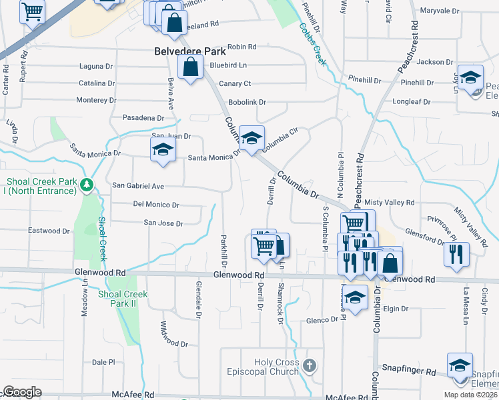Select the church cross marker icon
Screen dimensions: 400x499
[308, 365]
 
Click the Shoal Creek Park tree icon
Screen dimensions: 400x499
[86, 185]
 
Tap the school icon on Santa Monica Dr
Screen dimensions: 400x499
[162, 150]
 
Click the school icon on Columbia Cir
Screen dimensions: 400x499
[252, 139]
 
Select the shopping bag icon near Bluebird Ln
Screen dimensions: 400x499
[191, 67]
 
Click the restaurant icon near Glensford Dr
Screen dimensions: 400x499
[456, 254]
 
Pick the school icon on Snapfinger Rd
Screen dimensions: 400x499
[460, 366]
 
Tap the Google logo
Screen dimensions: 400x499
[21, 392]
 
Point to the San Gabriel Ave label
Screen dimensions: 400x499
[137, 185]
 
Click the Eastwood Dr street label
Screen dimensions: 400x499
[49, 231]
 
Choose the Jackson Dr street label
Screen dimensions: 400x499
[434, 62]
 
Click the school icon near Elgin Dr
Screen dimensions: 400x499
[356, 297]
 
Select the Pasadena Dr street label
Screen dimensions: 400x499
[139, 117]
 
